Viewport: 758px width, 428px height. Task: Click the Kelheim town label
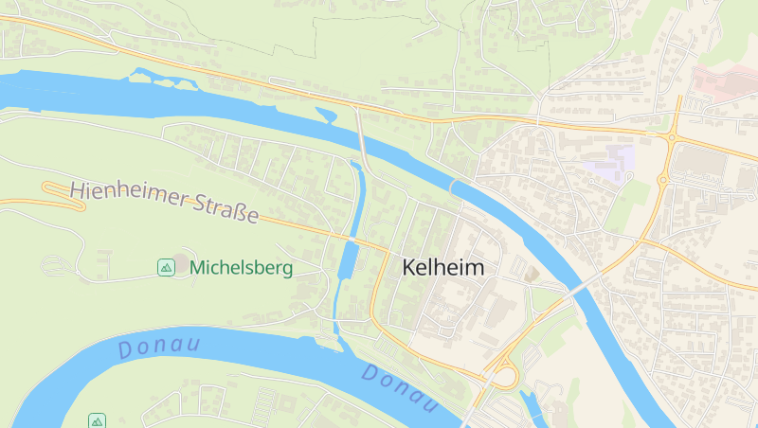(442, 268)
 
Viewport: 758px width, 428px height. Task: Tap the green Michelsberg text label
(241, 268)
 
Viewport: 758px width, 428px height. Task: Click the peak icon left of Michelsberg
(166, 267)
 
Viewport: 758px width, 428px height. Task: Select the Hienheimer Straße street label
(164, 203)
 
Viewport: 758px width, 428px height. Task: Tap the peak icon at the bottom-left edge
(97, 420)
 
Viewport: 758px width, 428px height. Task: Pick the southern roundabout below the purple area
(662, 179)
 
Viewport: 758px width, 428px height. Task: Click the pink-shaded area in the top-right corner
(725, 80)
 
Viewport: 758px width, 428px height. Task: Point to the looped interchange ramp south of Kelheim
(503, 377)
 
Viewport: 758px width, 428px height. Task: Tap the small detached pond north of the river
(326, 116)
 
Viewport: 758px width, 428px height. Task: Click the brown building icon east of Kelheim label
(532, 274)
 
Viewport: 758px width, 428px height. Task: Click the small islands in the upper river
(161, 80)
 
